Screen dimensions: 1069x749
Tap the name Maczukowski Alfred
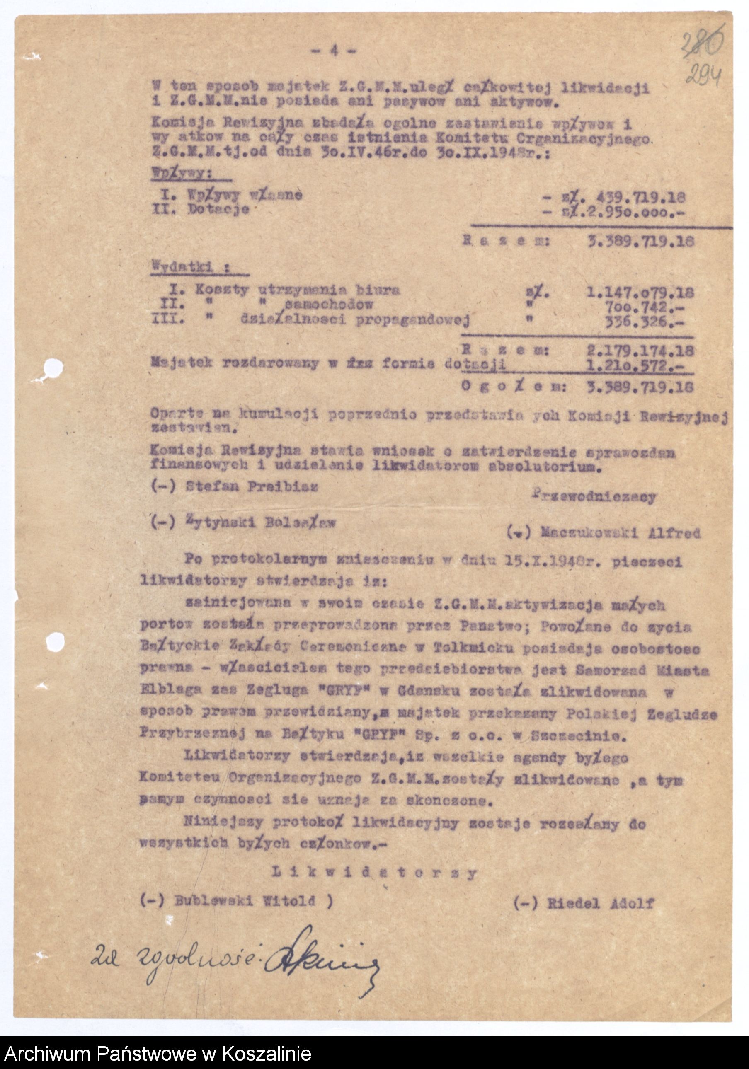pyautogui.click(x=620, y=533)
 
